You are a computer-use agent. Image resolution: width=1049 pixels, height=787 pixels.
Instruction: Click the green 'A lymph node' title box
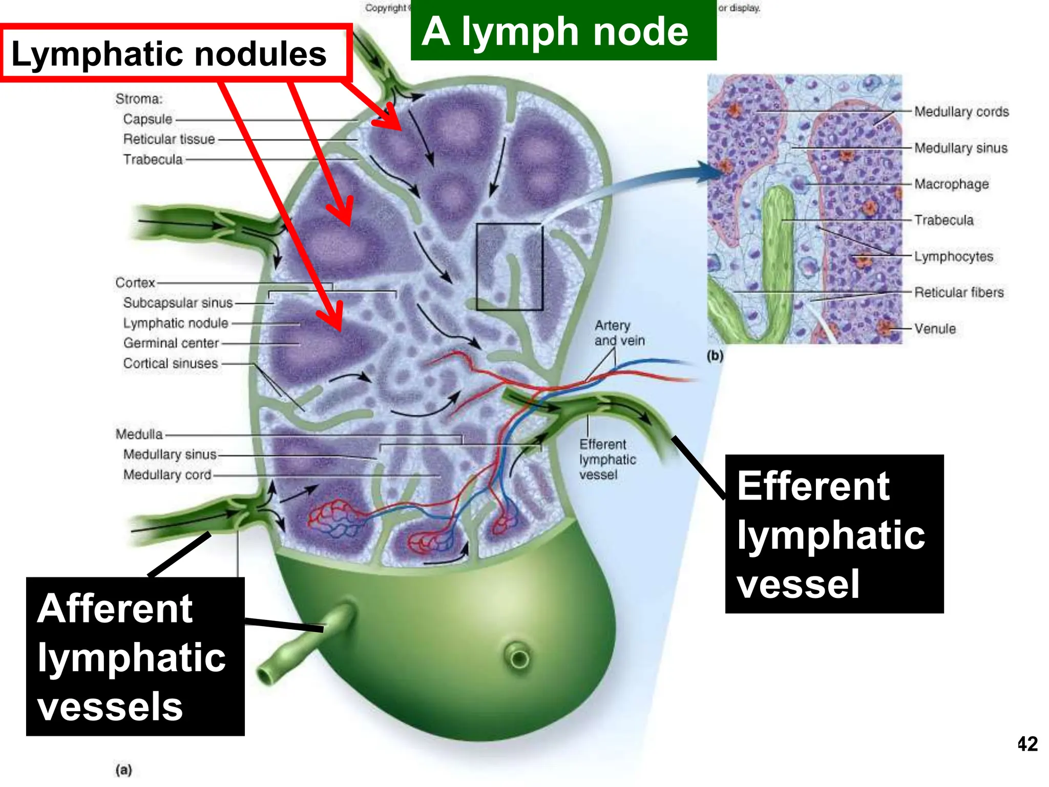pos(563,31)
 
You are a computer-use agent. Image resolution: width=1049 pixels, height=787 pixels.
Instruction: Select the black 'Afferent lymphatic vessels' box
pos(135,656)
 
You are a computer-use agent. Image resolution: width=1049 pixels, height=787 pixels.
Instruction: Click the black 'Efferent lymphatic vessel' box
pos(834,533)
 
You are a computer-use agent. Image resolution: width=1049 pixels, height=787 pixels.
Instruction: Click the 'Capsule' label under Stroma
pos(148,119)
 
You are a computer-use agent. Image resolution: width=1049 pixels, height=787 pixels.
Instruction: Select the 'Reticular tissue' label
pos(169,139)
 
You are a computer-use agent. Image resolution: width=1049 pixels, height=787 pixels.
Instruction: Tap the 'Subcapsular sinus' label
pos(178,303)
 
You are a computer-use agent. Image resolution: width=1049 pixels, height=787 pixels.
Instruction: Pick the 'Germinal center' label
pos(171,343)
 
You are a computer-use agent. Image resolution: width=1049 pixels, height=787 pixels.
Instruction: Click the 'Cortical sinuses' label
pos(170,363)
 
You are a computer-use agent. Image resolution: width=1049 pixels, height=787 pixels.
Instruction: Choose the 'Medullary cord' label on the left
pos(167,475)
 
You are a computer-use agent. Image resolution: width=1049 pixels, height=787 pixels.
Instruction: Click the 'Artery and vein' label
pos(619,333)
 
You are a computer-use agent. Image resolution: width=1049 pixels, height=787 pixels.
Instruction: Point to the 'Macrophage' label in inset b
pos(951,184)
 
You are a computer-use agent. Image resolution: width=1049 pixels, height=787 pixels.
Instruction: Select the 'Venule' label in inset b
pos(935,328)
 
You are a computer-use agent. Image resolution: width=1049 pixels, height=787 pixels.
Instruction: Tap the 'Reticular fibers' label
pos(958,292)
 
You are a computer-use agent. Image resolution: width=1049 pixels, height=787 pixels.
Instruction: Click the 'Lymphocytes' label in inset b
pos(953,256)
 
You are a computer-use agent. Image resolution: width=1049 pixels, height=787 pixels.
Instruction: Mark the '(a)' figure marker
pos(123,770)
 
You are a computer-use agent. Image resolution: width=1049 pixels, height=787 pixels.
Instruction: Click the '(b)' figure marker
pos(715,355)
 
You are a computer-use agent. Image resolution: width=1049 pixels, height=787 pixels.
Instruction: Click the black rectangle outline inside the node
pos(477,266)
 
